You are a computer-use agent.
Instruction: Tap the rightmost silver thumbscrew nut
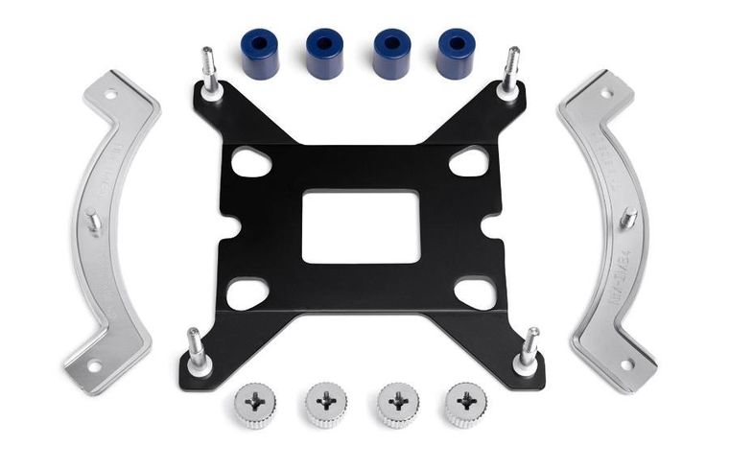(465, 405)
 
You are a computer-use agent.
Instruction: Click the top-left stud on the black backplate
(209, 71)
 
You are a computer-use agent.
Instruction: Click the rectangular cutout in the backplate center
(361, 226)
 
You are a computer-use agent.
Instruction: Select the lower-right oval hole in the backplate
(474, 293)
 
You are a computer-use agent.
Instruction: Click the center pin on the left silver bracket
(93, 220)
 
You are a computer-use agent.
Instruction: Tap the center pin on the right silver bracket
(629, 219)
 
